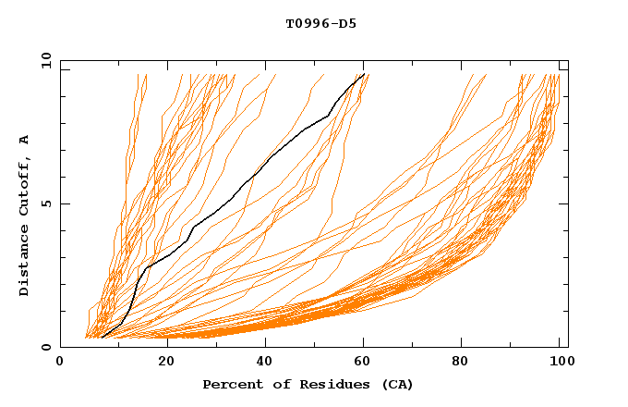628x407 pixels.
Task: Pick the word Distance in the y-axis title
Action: pos(24,261)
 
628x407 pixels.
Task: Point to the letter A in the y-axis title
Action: pos(24,140)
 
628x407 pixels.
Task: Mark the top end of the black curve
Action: pos(365,74)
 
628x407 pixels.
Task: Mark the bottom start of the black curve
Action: pos(101,338)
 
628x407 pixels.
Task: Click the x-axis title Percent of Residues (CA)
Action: pos(308,384)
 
